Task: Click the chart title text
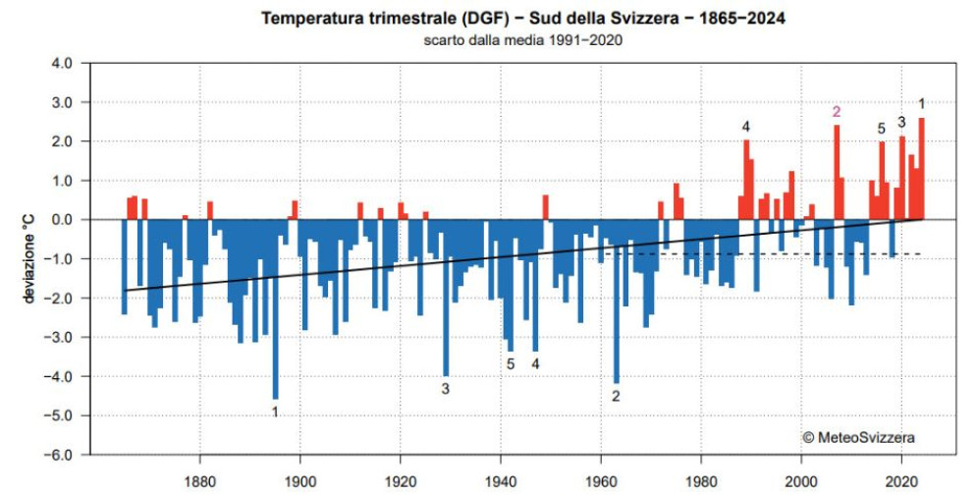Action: (522, 19)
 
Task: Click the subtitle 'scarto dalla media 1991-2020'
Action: (522, 40)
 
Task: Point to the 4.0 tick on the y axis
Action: (61, 63)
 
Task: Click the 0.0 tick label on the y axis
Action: (61, 220)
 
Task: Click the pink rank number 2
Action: (837, 112)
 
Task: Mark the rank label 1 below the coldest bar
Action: (275, 412)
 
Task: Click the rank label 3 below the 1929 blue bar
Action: (445, 389)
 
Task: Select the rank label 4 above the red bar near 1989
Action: (746, 128)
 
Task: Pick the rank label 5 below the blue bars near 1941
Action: (511, 364)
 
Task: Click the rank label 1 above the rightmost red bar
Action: (921, 104)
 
